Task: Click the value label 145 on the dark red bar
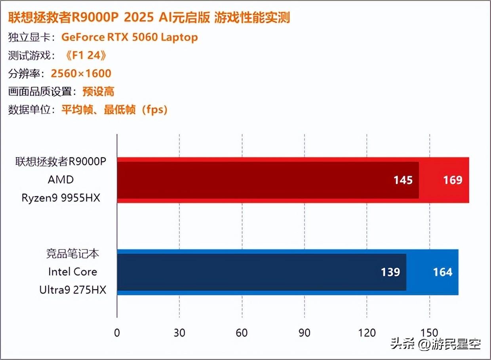tap(403, 180)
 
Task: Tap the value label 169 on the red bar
tap(453, 180)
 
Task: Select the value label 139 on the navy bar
tap(390, 272)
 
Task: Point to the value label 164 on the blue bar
tap(442, 272)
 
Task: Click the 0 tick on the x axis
tap(117, 333)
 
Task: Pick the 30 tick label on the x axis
tap(179, 333)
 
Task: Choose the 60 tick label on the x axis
tap(242, 333)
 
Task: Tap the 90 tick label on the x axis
tap(304, 333)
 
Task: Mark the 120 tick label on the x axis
tap(367, 333)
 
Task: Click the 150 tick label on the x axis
tap(430, 333)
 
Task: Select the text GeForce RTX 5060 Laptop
tap(129, 37)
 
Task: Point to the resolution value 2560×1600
tap(81, 74)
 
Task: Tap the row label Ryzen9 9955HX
tap(61, 197)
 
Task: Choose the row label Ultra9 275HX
tap(73, 290)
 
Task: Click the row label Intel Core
tap(72, 272)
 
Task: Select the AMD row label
tap(61, 180)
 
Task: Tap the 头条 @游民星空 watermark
tap(436, 344)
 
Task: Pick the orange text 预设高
tap(98, 92)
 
